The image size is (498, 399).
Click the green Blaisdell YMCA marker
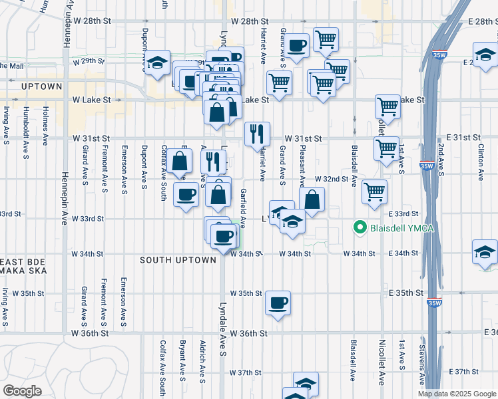(x=361, y=228)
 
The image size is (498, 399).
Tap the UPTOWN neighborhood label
(x=41, y=86)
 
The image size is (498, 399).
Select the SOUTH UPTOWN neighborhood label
(x=178, y=260)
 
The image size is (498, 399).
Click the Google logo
(x=22, y=391)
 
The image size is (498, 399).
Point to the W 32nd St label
(x=332, y=179)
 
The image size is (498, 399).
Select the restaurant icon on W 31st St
(x=257, y=135)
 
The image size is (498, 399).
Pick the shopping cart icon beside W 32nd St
(x=375, y=192)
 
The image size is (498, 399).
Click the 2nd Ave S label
(x=441, y=156)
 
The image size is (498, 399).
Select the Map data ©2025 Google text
(x=457, y=394)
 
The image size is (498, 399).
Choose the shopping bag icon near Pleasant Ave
(x=312, y=199)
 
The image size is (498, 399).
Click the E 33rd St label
(x=402, y=213)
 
